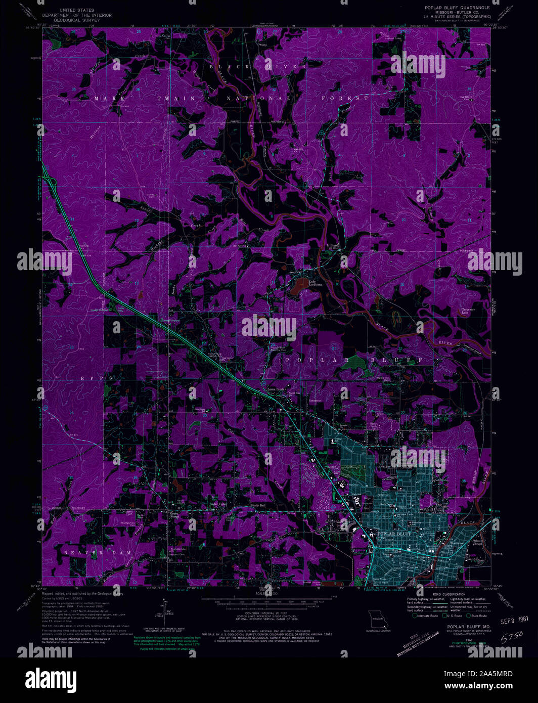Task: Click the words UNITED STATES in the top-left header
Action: (x=77, y=10)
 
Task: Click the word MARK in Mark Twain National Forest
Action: (x=105, y=99)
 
